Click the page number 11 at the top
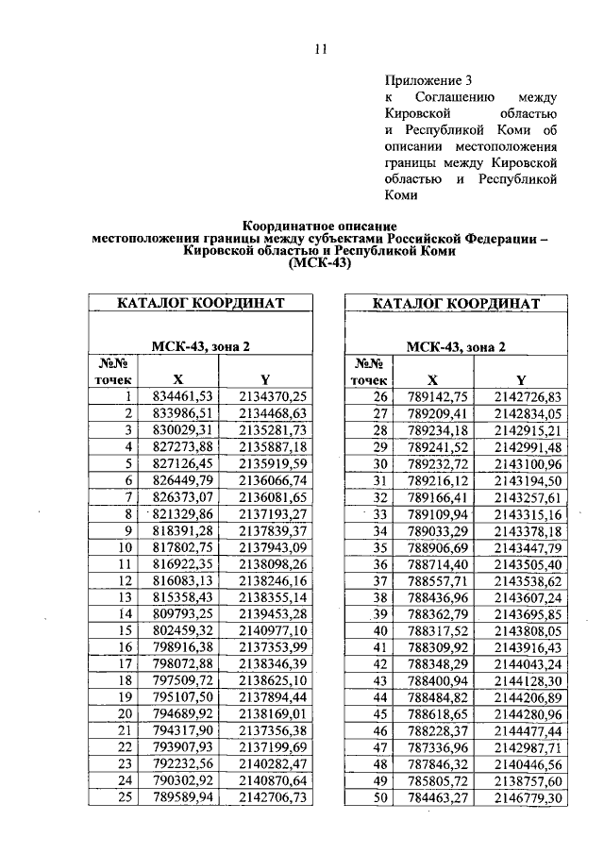coord(320,51)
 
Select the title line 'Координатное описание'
coord(320,227)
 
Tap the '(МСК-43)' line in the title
coord(320,265)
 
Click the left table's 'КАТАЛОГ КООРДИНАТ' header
coord(201,304)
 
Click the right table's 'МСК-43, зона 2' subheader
coord(456,346)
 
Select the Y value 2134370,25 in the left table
coord(274,396)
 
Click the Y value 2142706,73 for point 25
coord(274,797)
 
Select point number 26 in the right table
coord(381,396)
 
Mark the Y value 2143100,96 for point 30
coord(528,463)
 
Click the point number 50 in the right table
coord(381,797)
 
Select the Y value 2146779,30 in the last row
coord(528,797)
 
